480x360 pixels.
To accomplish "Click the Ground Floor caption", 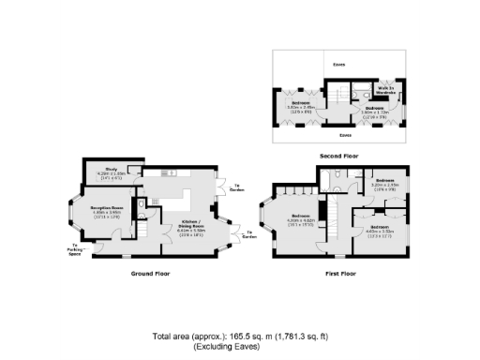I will [150, 274].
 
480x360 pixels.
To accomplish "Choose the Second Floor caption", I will [339, 155].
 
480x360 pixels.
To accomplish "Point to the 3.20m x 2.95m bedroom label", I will [384, 183].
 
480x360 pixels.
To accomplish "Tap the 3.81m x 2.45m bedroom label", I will [301, 105].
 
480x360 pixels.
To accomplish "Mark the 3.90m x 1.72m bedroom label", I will [375, 111].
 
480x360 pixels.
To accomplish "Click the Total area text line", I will [239, 336].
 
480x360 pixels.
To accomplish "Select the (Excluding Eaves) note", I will [239, 346].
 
